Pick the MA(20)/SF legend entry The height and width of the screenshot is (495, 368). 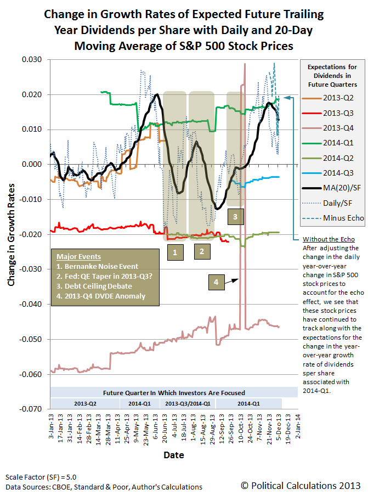[x=340, y=187]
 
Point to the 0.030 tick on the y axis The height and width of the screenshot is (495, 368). [x=32, y=59]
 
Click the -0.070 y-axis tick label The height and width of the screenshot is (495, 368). [x=31, y=409]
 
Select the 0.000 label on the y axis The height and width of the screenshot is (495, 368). [x=32, y=164]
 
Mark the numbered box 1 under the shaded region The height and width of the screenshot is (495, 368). [x=174, y=252]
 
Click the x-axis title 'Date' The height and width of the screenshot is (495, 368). [x=173, y=455]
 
